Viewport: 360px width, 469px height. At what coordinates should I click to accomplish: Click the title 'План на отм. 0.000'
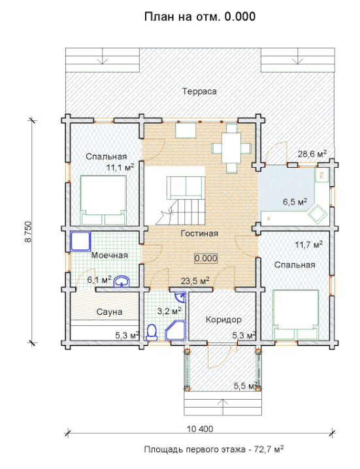click(x=200, y=17)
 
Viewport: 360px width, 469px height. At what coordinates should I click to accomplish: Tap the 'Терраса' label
click(x=200, y=91)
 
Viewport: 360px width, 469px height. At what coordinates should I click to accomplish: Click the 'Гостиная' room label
click(x=200, y=233)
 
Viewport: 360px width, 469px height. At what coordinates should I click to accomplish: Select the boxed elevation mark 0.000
click(x=206, y=259)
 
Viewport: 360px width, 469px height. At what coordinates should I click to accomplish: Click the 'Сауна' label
click(x=109, y=312)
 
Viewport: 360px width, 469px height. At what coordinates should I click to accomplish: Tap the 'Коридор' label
click(x=223, y=320)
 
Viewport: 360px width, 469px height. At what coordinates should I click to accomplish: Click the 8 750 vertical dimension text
click(x=28, y=231)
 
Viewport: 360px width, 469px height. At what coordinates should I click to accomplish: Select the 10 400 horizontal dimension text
click(x=200, y=429)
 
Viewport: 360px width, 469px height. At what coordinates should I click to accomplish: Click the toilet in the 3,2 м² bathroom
click(x=152, y=332)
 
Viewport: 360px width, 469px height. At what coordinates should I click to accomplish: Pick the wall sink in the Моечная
click(x=122, y=281)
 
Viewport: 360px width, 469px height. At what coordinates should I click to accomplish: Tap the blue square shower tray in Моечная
click(x=80, y=241)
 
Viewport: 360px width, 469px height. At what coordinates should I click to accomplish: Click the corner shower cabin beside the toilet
click(x=176, y=331)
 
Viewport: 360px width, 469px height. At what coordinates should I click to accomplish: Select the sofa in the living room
click(x=186, y=188)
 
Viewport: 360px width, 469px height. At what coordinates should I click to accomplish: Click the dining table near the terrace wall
click(x=231, y=148)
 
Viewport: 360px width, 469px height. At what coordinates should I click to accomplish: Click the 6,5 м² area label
click(x=295, y=202)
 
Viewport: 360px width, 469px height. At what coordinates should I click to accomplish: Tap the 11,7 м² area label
click(x=309, y=245)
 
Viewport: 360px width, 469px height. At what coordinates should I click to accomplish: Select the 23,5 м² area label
click(x=195, y=281)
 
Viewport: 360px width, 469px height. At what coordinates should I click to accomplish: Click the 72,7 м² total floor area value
click(x=269, y=449)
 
